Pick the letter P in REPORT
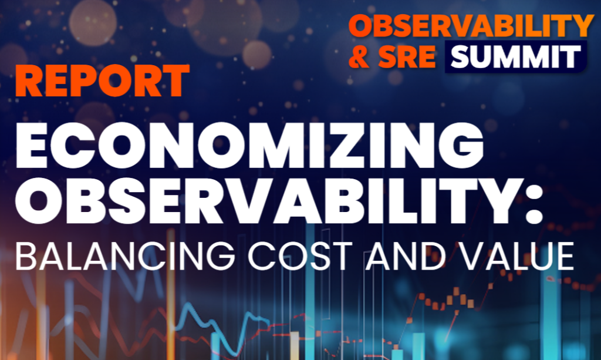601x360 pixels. pyautogui.click(x=86, y=81)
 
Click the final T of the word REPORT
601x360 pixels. pyautogui.click(x=177, y=81)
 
